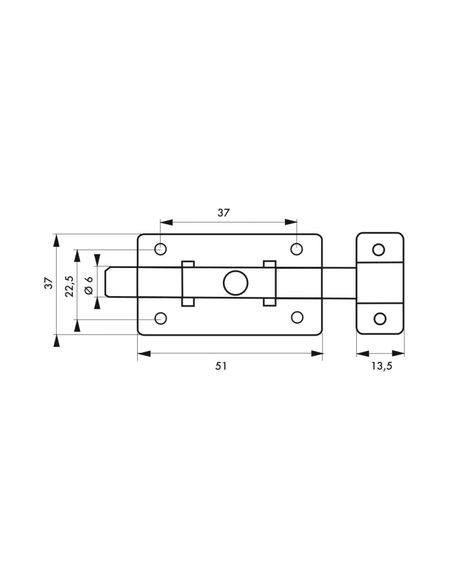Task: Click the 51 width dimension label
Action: pyautogui.click(x=221, y=366)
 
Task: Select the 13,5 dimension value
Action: pyautogui.click(x=382, y=366)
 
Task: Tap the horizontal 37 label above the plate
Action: pyautogui.click(x=223, y=213)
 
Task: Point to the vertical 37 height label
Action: pyautogui.click(x=49, y=283)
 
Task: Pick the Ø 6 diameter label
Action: pyautogui.click(x=88, y=285)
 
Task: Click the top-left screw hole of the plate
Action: pyautogui.click(x=160, y=249)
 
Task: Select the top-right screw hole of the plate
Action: pyautogui.click(x=296, y=249)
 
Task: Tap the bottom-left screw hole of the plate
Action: pyautogui.click(x=160, y=318)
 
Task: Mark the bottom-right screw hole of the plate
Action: pyautogui.click(x=297, y=317)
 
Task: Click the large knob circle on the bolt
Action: pyautogui.click(x=236, y=283)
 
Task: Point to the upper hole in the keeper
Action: pyautogui.click(x=378, y=250)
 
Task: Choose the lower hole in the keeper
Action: pyautogui.click(x=380, y=318)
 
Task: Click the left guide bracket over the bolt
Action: pyautogui.click(x=188, y=283)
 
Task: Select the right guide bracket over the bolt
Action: pyautogui.click(x=269, y=283)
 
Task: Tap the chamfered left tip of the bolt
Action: pyautogui.click(x=107, y=282)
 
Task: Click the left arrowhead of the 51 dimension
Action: pyautogui.click(x=143, y=354)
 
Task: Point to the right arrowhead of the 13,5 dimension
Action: pyautogui.click(x=399, y=353)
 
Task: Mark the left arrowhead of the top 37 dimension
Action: pyautogui.click(x=167, y=222)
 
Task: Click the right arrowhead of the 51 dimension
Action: pyautogui.click(x=317, y=354)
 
